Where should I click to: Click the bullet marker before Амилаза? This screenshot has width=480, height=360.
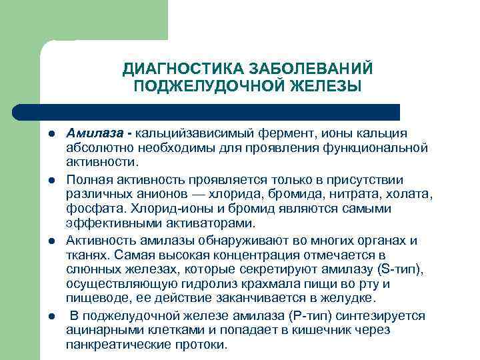50,134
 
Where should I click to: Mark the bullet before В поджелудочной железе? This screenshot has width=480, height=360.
50,317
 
